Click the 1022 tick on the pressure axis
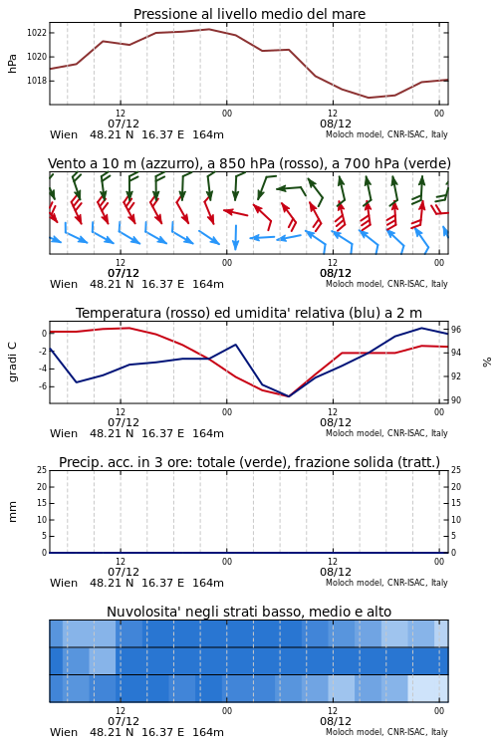(36, 33)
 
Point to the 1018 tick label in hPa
(36, 81)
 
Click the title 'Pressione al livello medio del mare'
(249, 14)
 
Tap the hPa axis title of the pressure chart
(12, 64)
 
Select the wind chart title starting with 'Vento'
(249, 164)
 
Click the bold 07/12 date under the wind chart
(124, 274)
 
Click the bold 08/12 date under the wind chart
(336, 274)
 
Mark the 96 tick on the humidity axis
(456, 330)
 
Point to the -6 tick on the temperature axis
(43, 386)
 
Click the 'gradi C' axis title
(12, 363)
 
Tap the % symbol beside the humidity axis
(487, 363)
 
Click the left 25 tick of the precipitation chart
(42, 470)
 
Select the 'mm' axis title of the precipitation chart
(12, 512)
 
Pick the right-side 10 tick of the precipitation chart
(456, 520)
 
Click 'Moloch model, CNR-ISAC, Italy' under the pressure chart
(386, 134)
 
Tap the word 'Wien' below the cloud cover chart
(64, 732)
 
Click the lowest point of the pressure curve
(369, 98)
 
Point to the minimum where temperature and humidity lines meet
(288, 396)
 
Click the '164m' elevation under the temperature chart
(208, 433)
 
